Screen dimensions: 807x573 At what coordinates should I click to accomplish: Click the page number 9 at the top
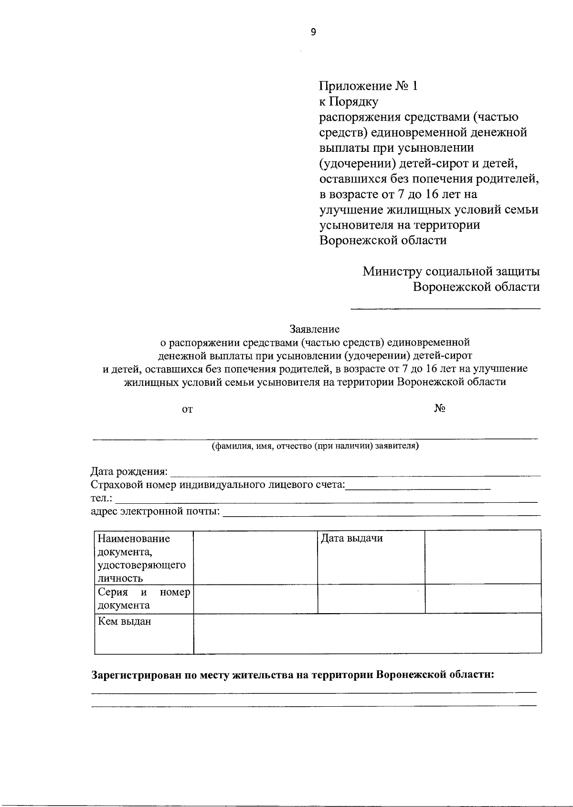313,32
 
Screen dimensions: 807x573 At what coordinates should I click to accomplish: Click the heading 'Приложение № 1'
368,86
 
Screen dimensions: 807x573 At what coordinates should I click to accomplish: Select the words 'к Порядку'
349,102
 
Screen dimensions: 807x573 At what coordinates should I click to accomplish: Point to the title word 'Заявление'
314,329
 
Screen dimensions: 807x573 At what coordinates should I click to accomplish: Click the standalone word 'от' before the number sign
188,409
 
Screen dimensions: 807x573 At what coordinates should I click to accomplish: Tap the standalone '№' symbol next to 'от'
440,409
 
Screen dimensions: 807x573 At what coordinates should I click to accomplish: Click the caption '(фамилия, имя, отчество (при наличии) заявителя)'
315,446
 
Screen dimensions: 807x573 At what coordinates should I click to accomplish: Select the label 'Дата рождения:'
129,472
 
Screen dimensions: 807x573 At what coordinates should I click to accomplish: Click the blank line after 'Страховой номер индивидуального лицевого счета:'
418,486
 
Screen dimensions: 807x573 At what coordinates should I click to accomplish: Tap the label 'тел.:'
102,499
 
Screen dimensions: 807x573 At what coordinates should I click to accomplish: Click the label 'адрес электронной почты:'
156,512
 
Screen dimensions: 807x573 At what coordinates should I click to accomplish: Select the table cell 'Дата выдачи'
351,539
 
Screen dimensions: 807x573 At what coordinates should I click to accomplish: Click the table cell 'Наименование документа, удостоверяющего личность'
142,558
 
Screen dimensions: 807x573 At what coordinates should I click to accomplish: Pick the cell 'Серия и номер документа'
143,599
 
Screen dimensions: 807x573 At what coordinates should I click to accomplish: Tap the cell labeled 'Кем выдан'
124,622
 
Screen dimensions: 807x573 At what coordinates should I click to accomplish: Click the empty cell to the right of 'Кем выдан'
367,633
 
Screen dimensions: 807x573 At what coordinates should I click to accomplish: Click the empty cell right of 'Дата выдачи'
482,557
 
